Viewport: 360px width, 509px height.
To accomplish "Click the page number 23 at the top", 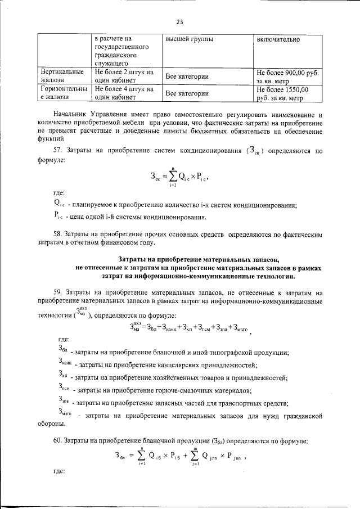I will point(180,22).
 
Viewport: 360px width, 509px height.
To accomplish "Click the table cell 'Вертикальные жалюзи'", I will point(62,76).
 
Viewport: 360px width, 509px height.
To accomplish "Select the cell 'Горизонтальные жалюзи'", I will point(62,93).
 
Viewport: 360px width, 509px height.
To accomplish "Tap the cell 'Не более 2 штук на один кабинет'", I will point(124,76).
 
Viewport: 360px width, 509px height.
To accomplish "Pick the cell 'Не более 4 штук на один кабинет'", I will point(124,93).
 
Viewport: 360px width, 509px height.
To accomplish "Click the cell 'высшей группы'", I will point(190,40).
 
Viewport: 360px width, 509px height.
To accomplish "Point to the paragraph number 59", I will point(58,293).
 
